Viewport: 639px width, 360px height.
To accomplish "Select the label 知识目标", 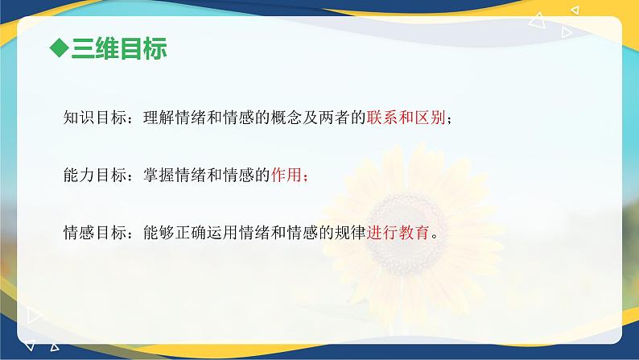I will [x=94, y=118].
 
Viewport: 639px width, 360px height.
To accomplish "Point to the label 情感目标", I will [x=94, y=233].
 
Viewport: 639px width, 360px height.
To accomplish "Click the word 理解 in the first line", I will [x=158, y=118].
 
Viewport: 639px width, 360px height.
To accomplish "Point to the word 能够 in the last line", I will [x=158, y=233].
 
